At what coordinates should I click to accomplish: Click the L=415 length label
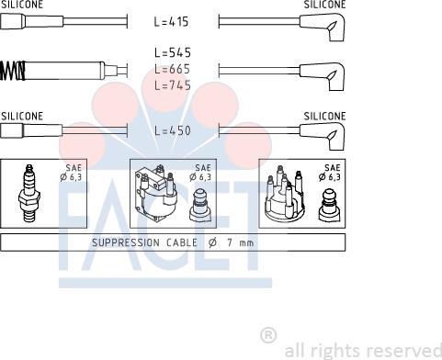[x=172, y=21]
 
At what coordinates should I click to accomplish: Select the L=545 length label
[x=172, y=54]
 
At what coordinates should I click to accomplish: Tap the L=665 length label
[x=172, y=70]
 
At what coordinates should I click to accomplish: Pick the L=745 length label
[x=172, y=85]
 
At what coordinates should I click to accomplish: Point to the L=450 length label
[x=172, y=131]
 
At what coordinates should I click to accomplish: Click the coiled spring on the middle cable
[x=13, y=71]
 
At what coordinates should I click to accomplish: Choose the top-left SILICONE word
[x=21, y=5]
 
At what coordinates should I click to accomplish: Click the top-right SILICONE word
[x=324, y=5]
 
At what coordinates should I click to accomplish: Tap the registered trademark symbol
[x=268, y=334]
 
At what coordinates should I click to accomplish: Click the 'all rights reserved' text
[x=362, y=351]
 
